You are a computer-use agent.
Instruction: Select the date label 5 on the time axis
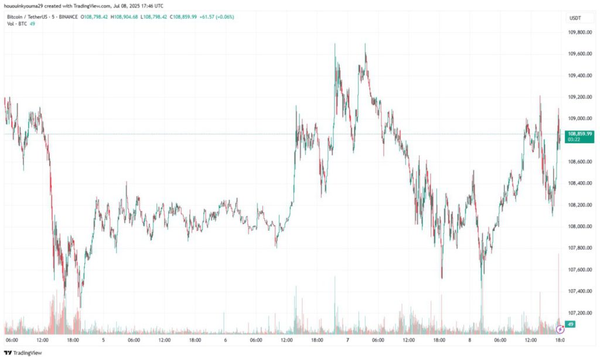pyautogui.click(x=103, y=339)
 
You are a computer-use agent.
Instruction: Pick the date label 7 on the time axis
pyautogui.click(x=347, y=339)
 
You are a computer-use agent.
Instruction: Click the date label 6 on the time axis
pyautogui.click(x=225, y=339)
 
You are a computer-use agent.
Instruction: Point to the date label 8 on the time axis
pyautogui.click(x=469, y=339)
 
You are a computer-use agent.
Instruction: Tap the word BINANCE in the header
pyautogui.click(x=67, y=16)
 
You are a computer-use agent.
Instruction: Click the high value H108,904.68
pyautogui.click(x=131, y=16)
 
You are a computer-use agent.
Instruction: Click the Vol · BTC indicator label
pyautogui.click(x=15, y=23)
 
